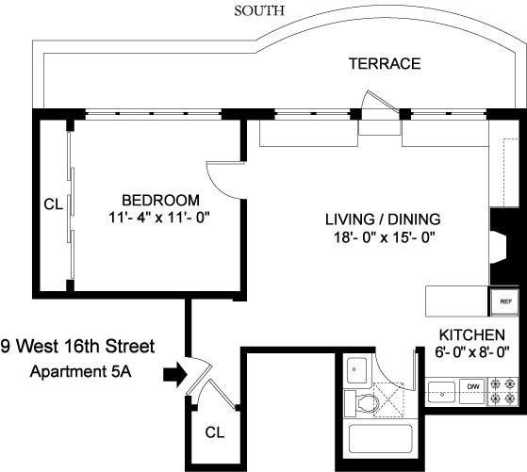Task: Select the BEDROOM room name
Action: coord(160,200)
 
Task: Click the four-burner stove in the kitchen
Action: coord(504,387)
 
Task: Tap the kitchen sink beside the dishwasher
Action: coord(440,387)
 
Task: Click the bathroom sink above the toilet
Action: coord(356,370)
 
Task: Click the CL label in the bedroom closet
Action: coord(53,204)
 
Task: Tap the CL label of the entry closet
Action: coord(216,432)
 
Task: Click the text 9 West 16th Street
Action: coord(77,346)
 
